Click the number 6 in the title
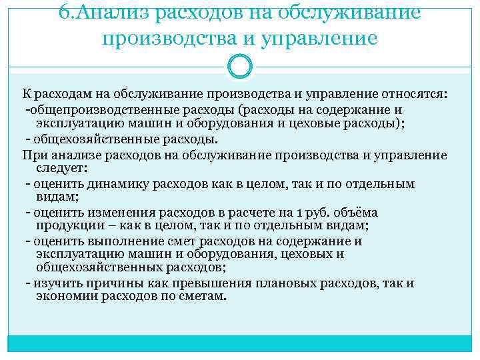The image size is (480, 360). (65, 12)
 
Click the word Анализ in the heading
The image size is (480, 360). (106, 12)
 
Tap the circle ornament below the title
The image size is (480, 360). (240, 65)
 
